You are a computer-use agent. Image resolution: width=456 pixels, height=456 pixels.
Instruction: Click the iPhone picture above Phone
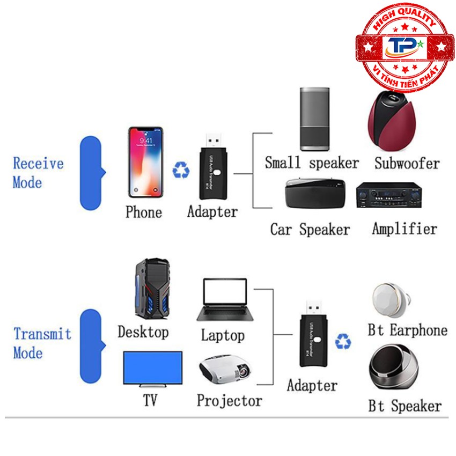pyautogui.click(x=145, y=162)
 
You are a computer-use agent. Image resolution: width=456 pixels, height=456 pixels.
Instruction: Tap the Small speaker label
pyautogui.click(x=312, y=163)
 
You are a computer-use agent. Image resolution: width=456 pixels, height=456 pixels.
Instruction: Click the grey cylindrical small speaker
pyautogui.click(x=314, y=119)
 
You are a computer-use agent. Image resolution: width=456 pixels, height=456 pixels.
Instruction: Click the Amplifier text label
pyautogui.click(x=404, y=229)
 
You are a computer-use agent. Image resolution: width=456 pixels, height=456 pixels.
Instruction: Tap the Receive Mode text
pyautogui.click(x=38, y=172)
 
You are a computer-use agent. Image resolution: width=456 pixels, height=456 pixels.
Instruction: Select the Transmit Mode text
pyautogui.click(x=42, y=343)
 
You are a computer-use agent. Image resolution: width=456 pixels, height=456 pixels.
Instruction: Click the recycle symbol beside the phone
pyautogui.click(x=181, y=171)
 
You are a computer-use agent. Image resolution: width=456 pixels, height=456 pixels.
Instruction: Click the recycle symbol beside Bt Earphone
pyautogui.click(x=343, y=341)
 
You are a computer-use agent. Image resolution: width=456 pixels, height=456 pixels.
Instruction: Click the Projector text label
pyautogui.click(x=229, y=400)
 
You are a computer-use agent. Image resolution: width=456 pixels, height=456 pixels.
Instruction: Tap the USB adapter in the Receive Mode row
pyautogui.click(x=214, y=165)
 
